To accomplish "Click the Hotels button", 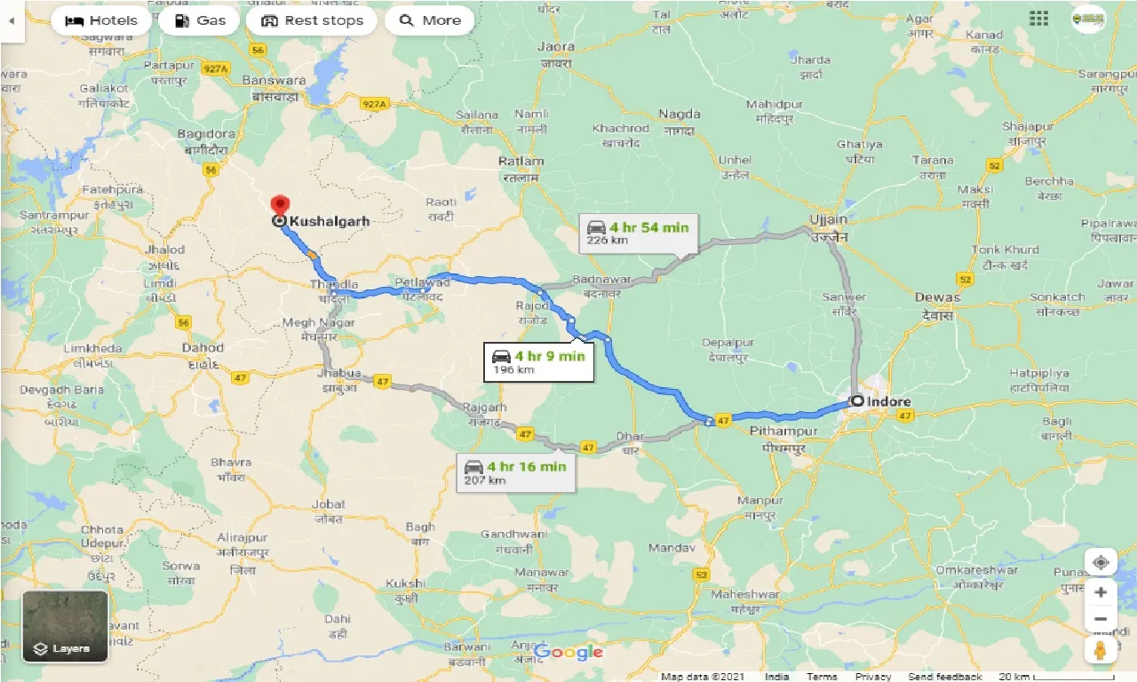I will coord(100,20).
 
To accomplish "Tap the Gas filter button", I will coord(199,20).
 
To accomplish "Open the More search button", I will coord(429,20).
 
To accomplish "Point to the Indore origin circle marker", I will coord(857,401).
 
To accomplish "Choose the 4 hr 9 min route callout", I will coord(538,361).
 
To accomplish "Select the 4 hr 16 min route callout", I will coord(515,472).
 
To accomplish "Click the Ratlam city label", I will coord(521,161).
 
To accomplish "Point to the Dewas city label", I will coord(938,297).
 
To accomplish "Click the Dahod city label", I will coord(203,347).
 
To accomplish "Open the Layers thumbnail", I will coord(65,627).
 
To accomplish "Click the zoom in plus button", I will coord(1101,591).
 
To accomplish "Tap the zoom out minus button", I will coord(1101,619).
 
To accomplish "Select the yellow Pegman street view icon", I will coord(1101,650).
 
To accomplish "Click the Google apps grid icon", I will coord(1038,19).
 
